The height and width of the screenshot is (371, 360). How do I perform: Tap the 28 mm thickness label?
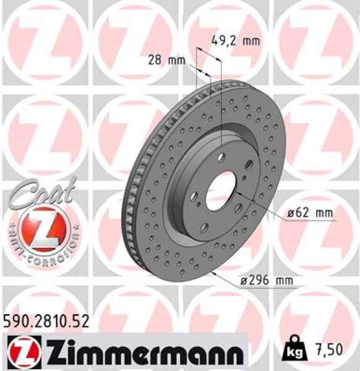pyautogui.click(x=167, y=60)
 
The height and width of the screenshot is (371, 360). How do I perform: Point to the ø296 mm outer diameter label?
pyautogui.click(x=266, y=281)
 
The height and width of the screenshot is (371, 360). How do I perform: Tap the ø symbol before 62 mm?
pyautogui.click(x=291, y=214)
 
